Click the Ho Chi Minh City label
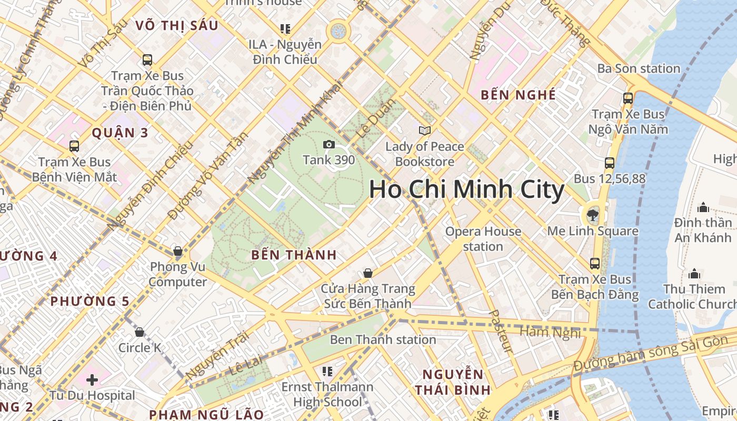[x=466, y=189]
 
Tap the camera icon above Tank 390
[x=328, y=144]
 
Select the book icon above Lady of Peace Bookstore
[x=424, y=131]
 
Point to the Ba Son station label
[x=638, y=68]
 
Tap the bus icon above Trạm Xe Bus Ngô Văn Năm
[x=628, y=98]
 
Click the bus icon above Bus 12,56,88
[x=609, y=163]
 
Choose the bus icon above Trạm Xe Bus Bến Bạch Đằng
[x=595, y=264]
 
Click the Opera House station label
[x=483, y=238]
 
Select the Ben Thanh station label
[x=383, y=339]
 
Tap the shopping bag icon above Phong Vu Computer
[x=178, y=251]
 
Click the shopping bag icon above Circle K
[x=140, y=332]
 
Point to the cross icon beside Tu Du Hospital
[x=92, y=379]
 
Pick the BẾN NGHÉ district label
[x=519, y=95]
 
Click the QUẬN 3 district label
[x=121, y=133]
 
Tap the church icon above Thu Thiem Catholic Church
[x=694, y=274]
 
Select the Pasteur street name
[x=501, y=331]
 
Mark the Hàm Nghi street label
[x=550, y=332]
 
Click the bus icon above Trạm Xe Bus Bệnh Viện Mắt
[x=74, y=146]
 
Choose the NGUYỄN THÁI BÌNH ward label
[x=453, y=382]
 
